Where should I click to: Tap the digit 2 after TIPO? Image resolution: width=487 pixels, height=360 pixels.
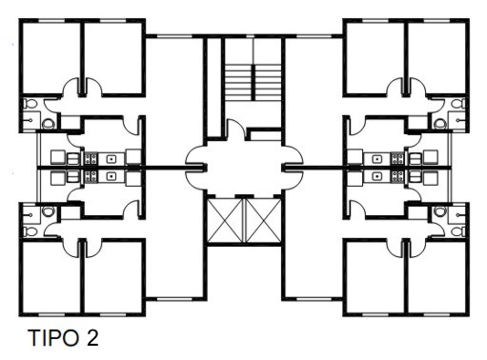pos(91,338)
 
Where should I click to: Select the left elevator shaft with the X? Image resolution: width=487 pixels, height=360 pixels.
pos(226,220)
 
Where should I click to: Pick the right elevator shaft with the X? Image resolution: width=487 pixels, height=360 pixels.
pos(264,220)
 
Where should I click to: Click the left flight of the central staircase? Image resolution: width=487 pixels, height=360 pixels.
pos(239,83)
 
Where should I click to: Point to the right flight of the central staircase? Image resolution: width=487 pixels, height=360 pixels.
pos(268,83)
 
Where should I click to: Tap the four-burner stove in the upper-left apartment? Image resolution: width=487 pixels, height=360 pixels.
pos(91,158)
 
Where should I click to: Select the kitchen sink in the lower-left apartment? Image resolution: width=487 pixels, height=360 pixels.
pos(111,175)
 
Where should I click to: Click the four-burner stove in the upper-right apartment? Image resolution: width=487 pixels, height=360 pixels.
pos(397,158)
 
